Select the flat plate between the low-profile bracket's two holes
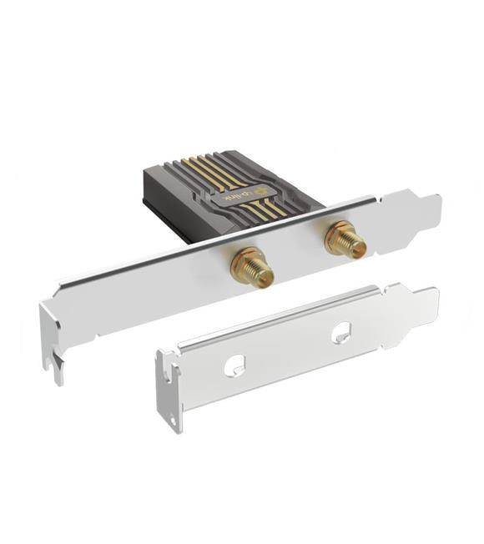click(288, 350)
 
